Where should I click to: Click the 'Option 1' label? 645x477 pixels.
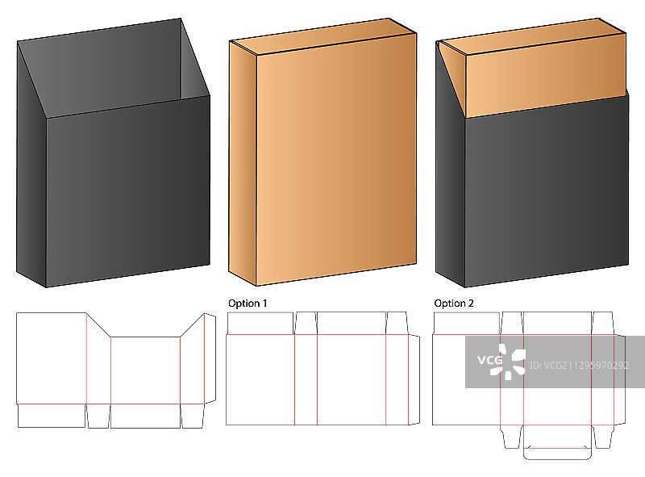pyautogui.click(x=248, y=303)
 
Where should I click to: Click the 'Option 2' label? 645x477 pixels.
pyautogui.click(x=454, y=303)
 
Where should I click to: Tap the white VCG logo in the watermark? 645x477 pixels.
pyautogui.click(x=501, y=362)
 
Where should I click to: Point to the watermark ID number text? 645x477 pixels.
pyautogui.click(x=579, y=366)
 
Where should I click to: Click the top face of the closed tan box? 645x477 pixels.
pyautogui.click(x=323, y=36)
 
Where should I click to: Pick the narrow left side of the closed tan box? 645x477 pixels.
pyautogui.click(x=243, y=164)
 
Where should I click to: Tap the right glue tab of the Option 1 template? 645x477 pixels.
pyautogui.click(x=414, y=379)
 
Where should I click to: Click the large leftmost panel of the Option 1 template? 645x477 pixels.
pyautogui.click(x=260, y=379)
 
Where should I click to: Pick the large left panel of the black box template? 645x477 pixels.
pyautogui.click(x=52, y=358)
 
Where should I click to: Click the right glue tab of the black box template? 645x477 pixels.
pyautogui.click(x=210, y=358)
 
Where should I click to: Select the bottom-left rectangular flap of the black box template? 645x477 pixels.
pyautogui.click(x=52, y=416)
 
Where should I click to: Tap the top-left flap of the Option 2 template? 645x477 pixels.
pyautogui.click(x=467, y=323)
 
